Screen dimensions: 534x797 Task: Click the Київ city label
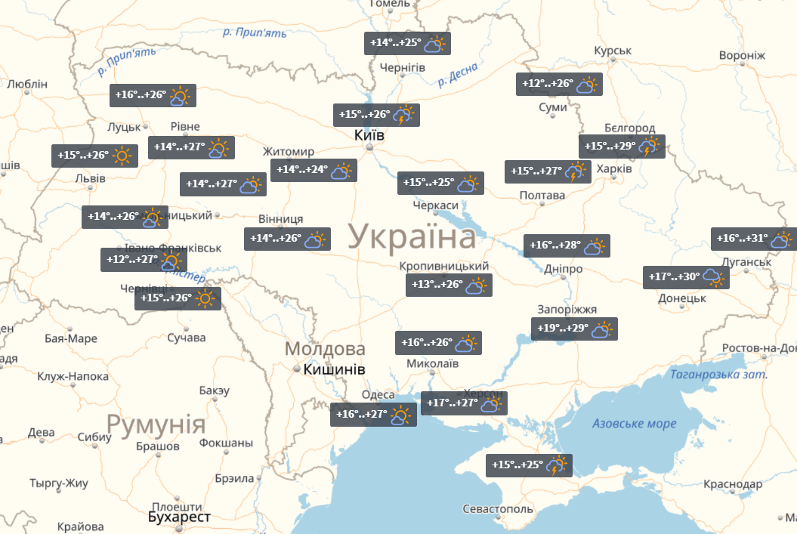(x=369, y=136)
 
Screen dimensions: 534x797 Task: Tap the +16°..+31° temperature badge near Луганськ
(x=753, y=239)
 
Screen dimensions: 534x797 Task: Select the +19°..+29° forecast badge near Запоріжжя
(x=574, y=329)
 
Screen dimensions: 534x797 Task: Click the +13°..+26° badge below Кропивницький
(x=449, y=285)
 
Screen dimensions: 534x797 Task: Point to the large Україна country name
(x=412, y=237)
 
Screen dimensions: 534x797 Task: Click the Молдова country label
(x=325, y=349)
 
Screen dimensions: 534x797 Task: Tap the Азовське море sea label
(x=634, y=423)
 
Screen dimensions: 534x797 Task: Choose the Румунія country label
(x=156, y=424)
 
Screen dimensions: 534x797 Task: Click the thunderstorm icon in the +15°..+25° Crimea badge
(x=558, y=465)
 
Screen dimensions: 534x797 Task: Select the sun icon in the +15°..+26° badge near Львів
(x=123, y=156)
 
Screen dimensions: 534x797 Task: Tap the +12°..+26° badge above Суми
(x=558, y=84)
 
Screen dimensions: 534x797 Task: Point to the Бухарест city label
(x=179, y=517)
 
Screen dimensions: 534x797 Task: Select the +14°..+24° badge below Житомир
(x=314, y=170)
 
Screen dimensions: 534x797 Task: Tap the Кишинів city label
(x=334, y=370)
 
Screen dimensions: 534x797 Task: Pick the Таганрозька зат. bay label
(x=718, y=375)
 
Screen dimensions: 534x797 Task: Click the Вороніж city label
(x=742, y=56)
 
